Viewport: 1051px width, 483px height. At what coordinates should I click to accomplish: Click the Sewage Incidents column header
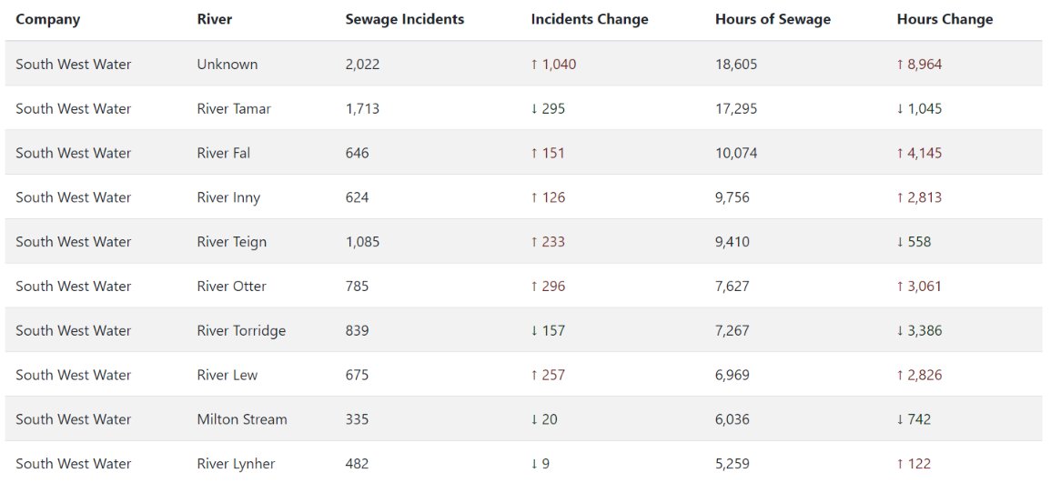click(404, 19)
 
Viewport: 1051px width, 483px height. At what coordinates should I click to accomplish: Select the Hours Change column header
click(945, 19)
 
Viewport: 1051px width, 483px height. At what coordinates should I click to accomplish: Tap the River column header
click(214, 19)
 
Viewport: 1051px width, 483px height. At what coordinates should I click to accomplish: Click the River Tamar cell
click(234, 108)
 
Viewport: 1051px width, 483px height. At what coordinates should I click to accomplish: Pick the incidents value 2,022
click(362, 64)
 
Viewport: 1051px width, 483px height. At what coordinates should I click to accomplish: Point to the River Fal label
click(223, 153)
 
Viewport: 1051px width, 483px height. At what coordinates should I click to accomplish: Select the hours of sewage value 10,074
click(736, 153)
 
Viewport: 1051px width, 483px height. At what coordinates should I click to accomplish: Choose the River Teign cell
click(231, 242)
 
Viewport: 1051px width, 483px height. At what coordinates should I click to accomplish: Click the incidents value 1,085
click(362, 242)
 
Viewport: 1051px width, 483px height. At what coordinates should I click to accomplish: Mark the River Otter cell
click(231, 287)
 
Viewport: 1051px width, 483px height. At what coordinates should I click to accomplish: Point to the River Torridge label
click(241, 330)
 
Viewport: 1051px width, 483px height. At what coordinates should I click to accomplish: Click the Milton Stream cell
click(241, 419)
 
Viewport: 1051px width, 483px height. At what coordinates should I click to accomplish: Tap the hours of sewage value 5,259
click(733, 464)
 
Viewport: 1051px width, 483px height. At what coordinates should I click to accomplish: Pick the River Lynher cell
click(236, 464)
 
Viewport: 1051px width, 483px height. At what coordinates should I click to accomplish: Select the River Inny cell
click(228, 197)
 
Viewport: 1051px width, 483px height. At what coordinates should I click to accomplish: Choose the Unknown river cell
click(227, 64)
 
